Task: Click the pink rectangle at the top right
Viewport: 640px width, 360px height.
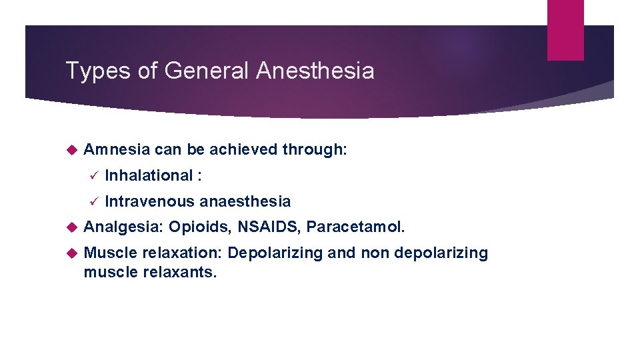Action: (565, 30)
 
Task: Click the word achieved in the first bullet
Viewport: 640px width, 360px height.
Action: (243, 150)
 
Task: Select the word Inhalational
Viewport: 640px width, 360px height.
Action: (149, 176)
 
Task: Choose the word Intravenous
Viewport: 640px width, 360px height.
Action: (150, 201)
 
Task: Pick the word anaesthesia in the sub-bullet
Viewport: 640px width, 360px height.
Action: (245, 201)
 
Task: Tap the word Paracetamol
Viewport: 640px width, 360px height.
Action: (355, 227)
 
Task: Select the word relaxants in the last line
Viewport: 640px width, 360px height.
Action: (180, 272)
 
